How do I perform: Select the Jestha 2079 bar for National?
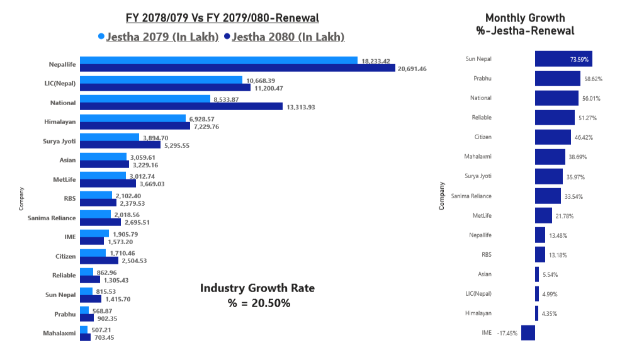(x=145, y=99)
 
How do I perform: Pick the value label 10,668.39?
(x=264, y=81)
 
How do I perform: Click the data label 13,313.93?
(x=301, y=107)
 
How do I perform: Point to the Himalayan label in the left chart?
(x=62, y=122)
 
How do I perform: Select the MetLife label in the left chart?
(x=64, y=179)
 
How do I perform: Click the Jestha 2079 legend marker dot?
(x=101, y=37)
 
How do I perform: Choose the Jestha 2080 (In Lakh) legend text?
(x=288, y=37)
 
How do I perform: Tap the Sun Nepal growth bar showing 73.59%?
(x=563, y=59)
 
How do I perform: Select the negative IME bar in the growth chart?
(x=528, y=332)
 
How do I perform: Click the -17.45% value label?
(x=507, y=333)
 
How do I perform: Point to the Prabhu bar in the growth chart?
(x=557, y=79)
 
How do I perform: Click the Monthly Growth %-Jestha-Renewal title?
(x=525, y=24)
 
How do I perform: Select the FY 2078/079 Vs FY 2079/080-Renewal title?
(x=222, y=18)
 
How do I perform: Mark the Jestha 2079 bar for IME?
(x=94, y=233)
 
